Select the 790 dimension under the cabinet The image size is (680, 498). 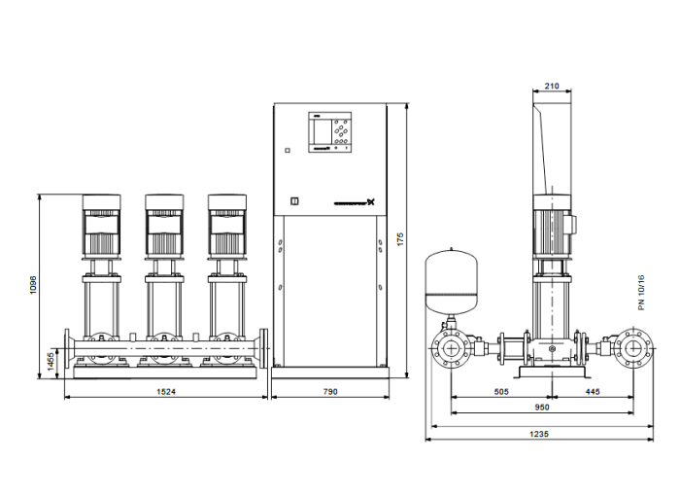click(329, 391)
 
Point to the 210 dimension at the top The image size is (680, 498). click(552, 87)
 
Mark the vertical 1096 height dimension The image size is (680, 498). click(33, 284)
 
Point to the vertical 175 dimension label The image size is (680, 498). click(399, 238)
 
